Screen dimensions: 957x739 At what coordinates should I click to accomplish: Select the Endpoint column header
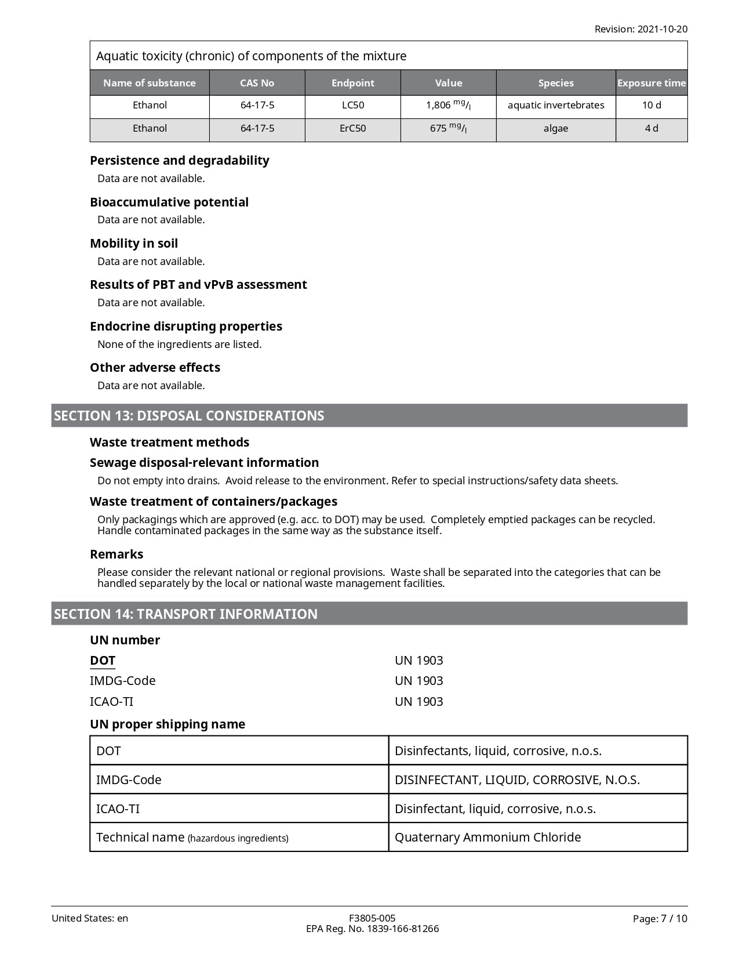[352, 83]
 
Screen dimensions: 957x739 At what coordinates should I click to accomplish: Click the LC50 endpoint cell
[352, 106]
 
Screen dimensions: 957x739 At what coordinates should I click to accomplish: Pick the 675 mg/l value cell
[448, 129]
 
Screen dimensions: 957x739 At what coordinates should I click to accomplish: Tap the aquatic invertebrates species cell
[555, 106]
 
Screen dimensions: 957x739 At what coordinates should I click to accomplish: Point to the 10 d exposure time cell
[651, 106]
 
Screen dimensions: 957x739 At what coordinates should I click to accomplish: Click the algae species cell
[555, 129]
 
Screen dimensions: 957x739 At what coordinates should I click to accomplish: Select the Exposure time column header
[651, 83]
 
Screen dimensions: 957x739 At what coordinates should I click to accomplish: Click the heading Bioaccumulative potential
[169, 202]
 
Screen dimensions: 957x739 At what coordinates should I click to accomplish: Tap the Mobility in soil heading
[134, 244]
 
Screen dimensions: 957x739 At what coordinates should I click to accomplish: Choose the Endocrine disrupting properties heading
[186, 327]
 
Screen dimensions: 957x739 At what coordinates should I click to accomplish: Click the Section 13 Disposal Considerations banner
[369, 416]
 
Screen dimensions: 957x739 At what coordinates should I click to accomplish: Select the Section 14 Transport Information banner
[369, 614]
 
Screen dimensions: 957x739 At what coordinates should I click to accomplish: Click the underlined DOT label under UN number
[103, 661]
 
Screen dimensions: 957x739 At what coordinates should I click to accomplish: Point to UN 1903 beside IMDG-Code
[418, 681]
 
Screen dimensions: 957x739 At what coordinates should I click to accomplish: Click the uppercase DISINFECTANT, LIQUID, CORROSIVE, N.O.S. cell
[517, 780]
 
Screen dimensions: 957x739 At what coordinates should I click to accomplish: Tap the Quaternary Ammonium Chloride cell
[487, 838]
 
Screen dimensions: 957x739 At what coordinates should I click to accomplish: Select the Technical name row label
[192, 838]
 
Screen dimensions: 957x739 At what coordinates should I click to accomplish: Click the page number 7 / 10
[660, 919]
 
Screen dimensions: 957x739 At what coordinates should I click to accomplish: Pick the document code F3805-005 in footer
[372, 918]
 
